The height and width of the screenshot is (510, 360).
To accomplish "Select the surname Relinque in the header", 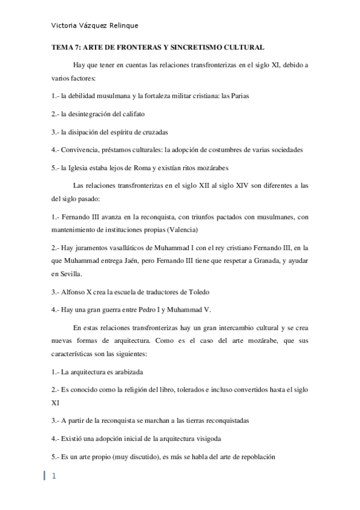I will pyautogui.click(x=123, y=26).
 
